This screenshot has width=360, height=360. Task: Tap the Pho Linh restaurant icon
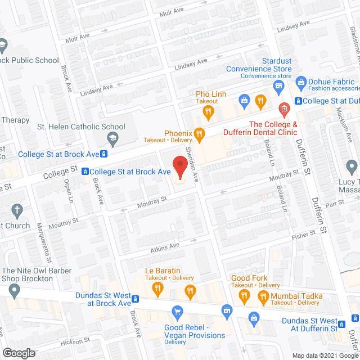click(208, 112)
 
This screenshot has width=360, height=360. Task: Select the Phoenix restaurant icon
click(199, 133)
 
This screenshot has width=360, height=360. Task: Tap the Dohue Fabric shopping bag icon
click(300, 82)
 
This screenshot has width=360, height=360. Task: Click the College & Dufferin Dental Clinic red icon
click(283, 107)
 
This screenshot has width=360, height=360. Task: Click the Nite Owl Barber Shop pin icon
click(14, 291)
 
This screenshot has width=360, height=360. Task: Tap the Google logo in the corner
click(18, 353)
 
